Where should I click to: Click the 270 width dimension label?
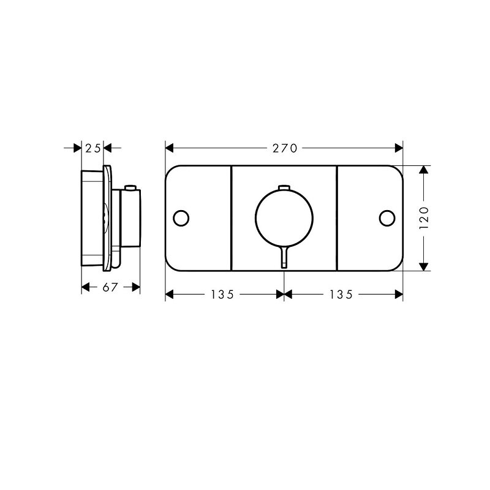click(285, 148)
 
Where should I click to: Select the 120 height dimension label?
click(424, 218)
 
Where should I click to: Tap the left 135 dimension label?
click(222, 295)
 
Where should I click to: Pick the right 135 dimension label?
click(341, 295)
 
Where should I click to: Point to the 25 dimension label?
click(93, 148)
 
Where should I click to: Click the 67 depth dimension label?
click(110, 287)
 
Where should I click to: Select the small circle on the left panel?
click(181, 218)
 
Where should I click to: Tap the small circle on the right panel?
click(387, 218)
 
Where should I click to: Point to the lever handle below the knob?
click(284, 257)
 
